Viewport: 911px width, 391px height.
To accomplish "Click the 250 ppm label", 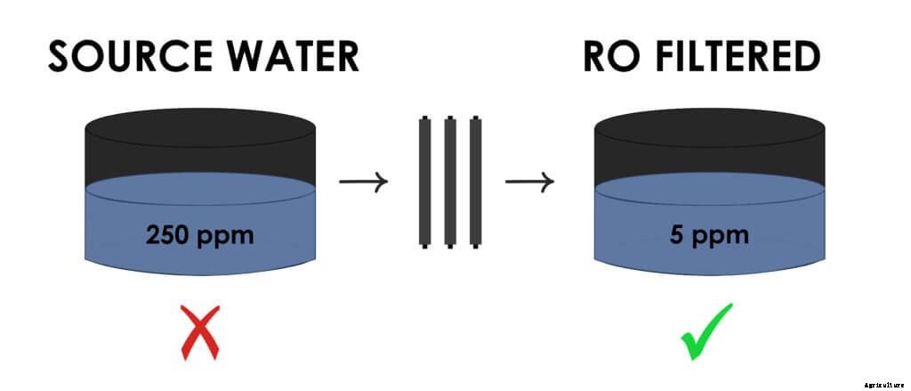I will click(x=199, y=236).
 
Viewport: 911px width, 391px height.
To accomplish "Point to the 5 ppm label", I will click(x=709, y=236).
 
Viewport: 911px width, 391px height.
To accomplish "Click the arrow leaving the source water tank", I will click(x=364, y=183).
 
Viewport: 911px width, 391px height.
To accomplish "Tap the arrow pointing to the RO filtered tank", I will click(x=530, y=183).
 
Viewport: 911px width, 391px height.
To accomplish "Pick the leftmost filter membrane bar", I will click(x=425, y=182).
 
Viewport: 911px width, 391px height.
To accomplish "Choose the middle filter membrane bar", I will click(x=450, y=182).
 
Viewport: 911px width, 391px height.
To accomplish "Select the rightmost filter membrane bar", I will click(x=475, y=182).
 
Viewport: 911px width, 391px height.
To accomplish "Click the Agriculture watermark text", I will click(x=883, y=385).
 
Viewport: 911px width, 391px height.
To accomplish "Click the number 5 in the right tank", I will click(x=676, y=236).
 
